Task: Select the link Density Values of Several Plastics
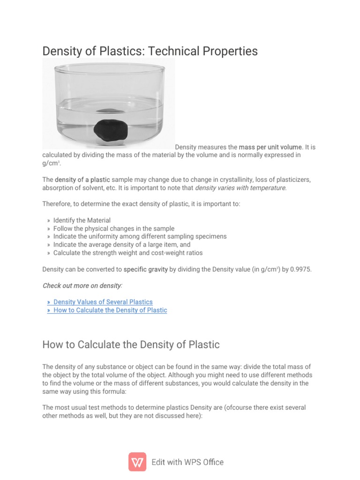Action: [103, 302]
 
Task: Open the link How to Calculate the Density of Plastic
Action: [110, 310]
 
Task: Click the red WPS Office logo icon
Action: [137, 462]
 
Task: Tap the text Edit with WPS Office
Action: [187, 462]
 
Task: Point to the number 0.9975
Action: [295, 270]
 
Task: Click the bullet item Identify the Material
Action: [82, 220]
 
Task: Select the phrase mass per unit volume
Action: [270, 147]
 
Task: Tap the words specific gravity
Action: [145, 270]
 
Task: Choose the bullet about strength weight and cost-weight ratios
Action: [128, 253]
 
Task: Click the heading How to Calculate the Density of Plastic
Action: [131, 345]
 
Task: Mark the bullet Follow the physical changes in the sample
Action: [114, 228]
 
